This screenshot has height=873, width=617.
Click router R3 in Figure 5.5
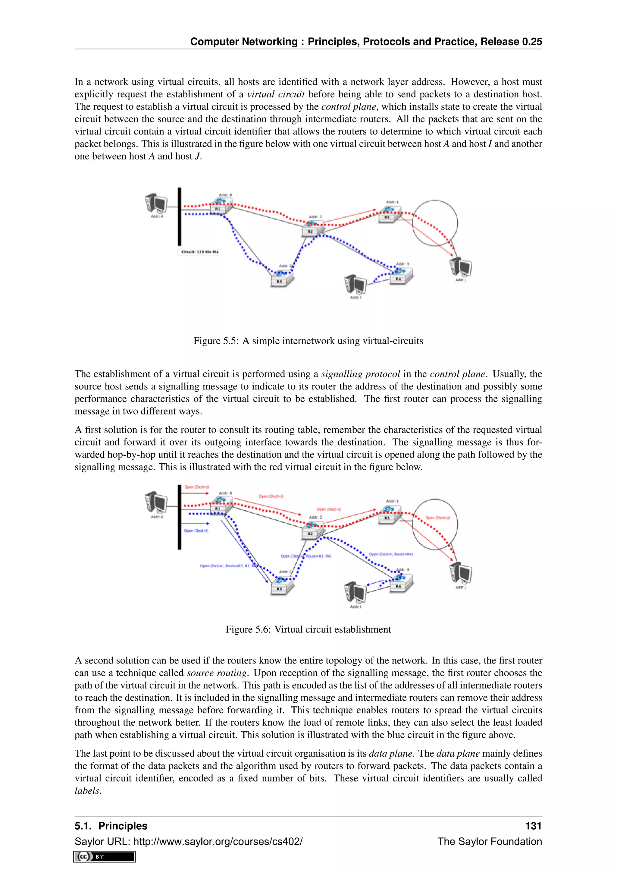(x=282, y=279)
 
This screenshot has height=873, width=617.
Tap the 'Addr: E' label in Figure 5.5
(x=392, y=202)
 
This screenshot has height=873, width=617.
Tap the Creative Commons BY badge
(x=105, y=857)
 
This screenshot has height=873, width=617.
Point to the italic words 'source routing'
(x=217, y=673)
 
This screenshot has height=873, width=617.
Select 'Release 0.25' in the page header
(x=511, y=41)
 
